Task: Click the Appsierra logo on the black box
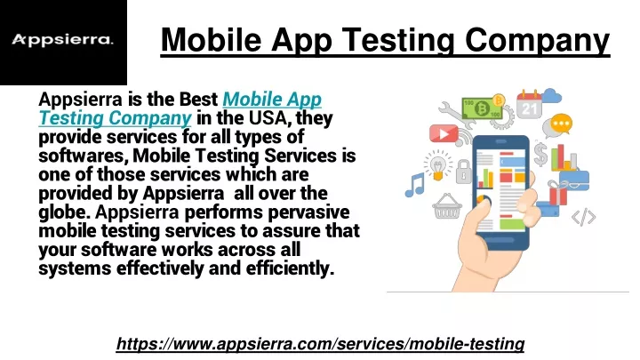[x=62, y=40]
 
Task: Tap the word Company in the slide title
[x=537, y=41]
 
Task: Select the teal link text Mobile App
[x=272, y=100]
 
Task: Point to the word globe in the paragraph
[x=65, y=212]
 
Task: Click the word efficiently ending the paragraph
[x=290, y=268]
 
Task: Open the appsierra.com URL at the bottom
[x=320, y=344]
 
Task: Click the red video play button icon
[x=444, y=133]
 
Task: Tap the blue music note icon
[x=415, y=185]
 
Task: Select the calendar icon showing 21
[x=530, y=105]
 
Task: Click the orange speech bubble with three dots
[x=561, y=124]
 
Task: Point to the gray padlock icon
[x=464, y=172]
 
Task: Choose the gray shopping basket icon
[x=447, y=206]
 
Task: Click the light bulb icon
[x=438, y=165]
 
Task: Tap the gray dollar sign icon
[x=540, y=155]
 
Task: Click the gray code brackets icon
[x=583, y=217]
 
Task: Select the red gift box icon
[x=558, y=193]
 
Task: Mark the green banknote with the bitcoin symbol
[x=483, y=108]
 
